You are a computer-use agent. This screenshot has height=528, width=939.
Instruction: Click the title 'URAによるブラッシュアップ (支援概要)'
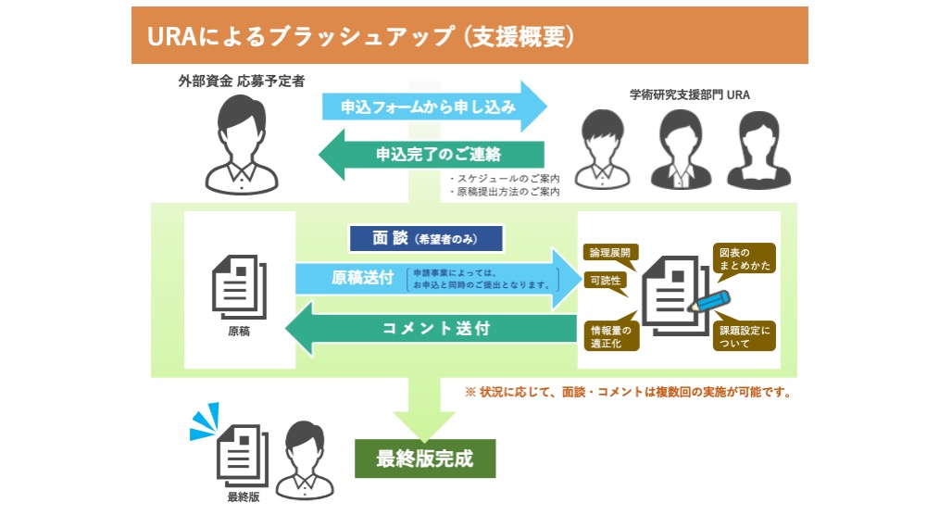pos(361,35)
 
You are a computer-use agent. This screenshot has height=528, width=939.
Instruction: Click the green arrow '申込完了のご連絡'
pos(435,154)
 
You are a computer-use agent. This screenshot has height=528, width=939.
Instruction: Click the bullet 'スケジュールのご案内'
pos(505,178)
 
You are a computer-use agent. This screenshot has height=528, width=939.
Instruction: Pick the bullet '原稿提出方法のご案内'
pos(505,192)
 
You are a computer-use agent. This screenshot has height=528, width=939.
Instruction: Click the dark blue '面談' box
pos(425,238)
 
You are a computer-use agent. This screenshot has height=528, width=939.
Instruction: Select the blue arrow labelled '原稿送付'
pos(435,278)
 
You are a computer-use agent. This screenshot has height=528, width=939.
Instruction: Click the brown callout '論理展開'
pos(610,252)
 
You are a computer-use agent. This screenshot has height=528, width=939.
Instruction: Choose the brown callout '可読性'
pos(605,279)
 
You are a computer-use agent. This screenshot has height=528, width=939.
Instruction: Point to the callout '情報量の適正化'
pos(611,336)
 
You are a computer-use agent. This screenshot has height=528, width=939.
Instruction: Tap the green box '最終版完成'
pos(425,458)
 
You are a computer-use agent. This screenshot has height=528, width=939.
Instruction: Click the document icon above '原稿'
pos(239,283)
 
